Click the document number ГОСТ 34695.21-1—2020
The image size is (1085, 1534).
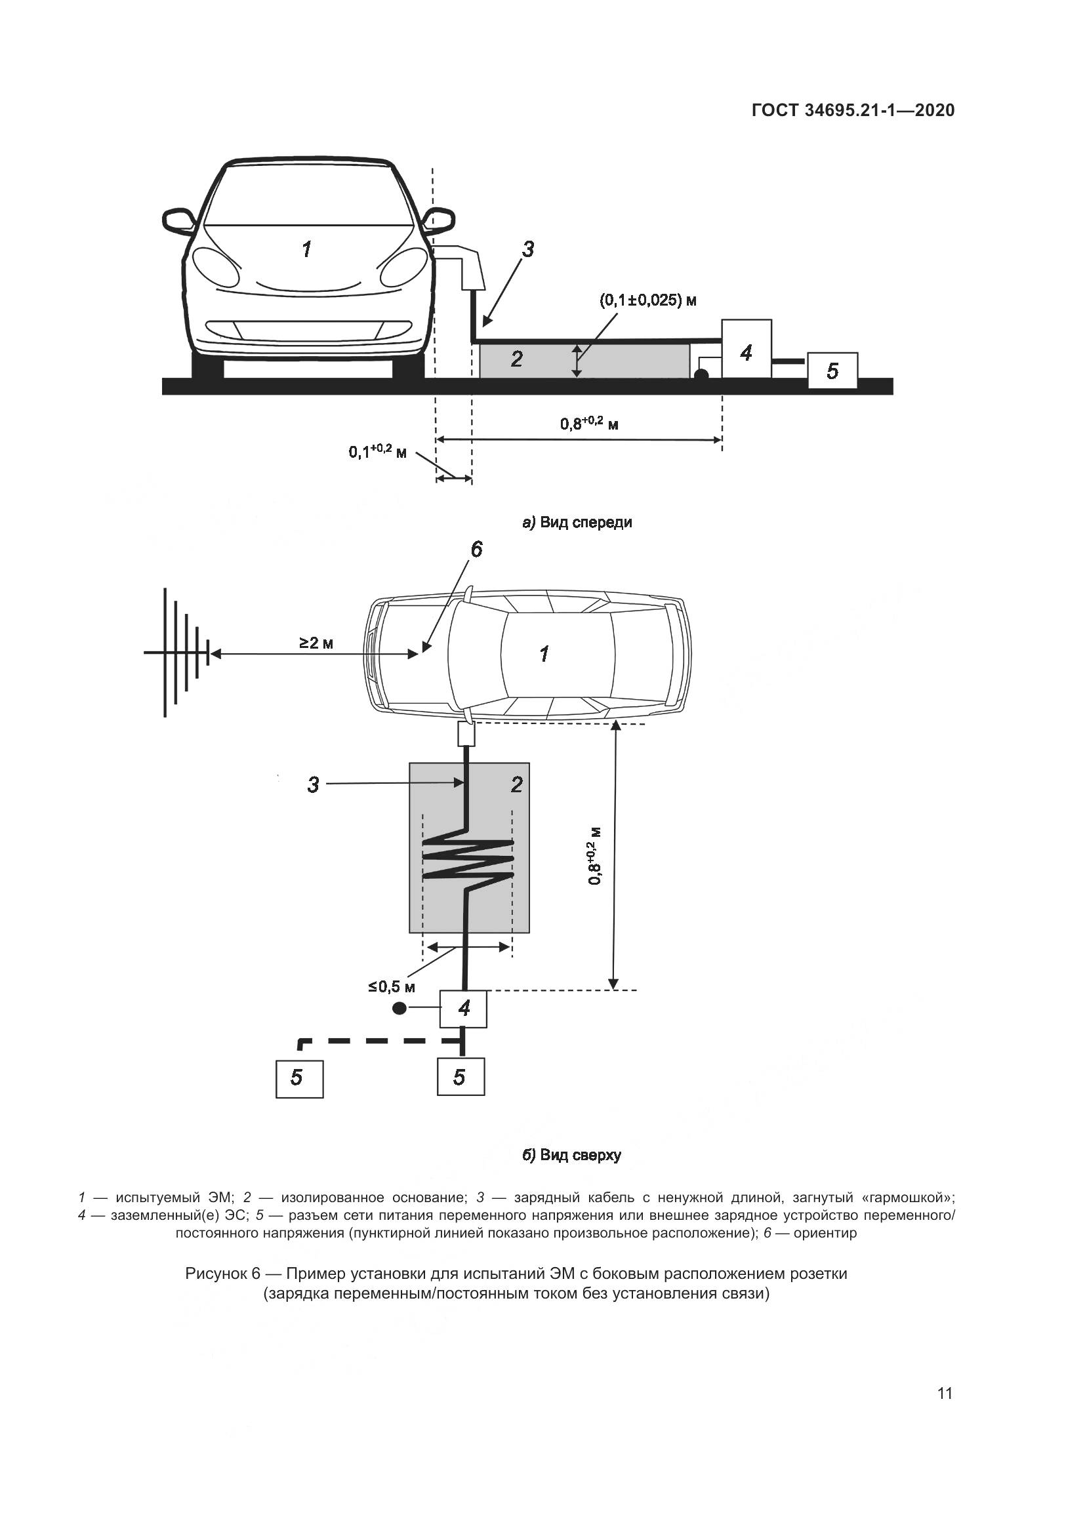coord(853,110)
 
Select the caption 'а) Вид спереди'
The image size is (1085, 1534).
coord(577,523)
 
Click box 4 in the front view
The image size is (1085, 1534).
coord(747,349)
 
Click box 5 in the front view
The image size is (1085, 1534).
coord(832,370)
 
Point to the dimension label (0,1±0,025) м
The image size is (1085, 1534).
coord(647,300)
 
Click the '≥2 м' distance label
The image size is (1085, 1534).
coord(316,643)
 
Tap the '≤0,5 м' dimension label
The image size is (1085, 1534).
coord(392,987)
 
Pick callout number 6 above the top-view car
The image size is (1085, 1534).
coord(476,550)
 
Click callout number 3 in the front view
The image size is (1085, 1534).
coord(528,250)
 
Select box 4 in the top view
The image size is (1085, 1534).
coord(463,1009)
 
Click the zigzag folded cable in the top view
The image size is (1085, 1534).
coord(467,858)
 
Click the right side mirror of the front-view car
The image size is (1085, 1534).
coord(440,219)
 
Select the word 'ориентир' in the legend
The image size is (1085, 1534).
coord(825,1233)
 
